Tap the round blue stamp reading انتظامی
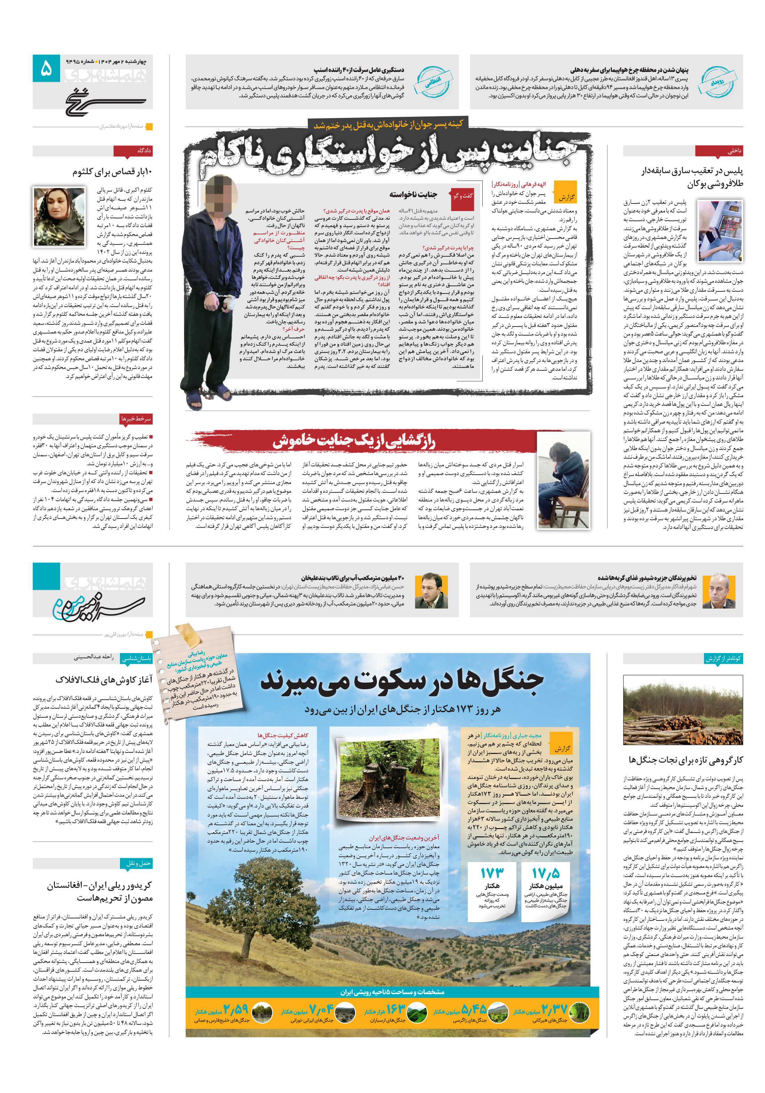[x=433, y=81]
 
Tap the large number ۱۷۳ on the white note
[x=492, y=873]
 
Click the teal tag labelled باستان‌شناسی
[x=136, y=658]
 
